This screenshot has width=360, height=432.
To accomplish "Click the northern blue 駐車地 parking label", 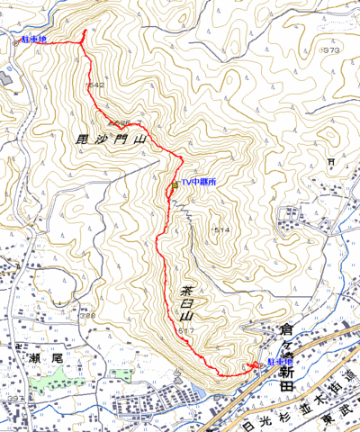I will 33,40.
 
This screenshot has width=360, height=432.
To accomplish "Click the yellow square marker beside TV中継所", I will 175,184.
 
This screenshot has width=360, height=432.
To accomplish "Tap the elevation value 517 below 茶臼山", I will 186,332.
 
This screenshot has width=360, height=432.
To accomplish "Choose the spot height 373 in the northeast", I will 331,50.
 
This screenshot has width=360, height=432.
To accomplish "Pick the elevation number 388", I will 87,316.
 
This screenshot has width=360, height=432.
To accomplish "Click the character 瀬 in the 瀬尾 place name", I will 28,359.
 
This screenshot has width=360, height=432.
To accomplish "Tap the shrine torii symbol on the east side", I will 331,163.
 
